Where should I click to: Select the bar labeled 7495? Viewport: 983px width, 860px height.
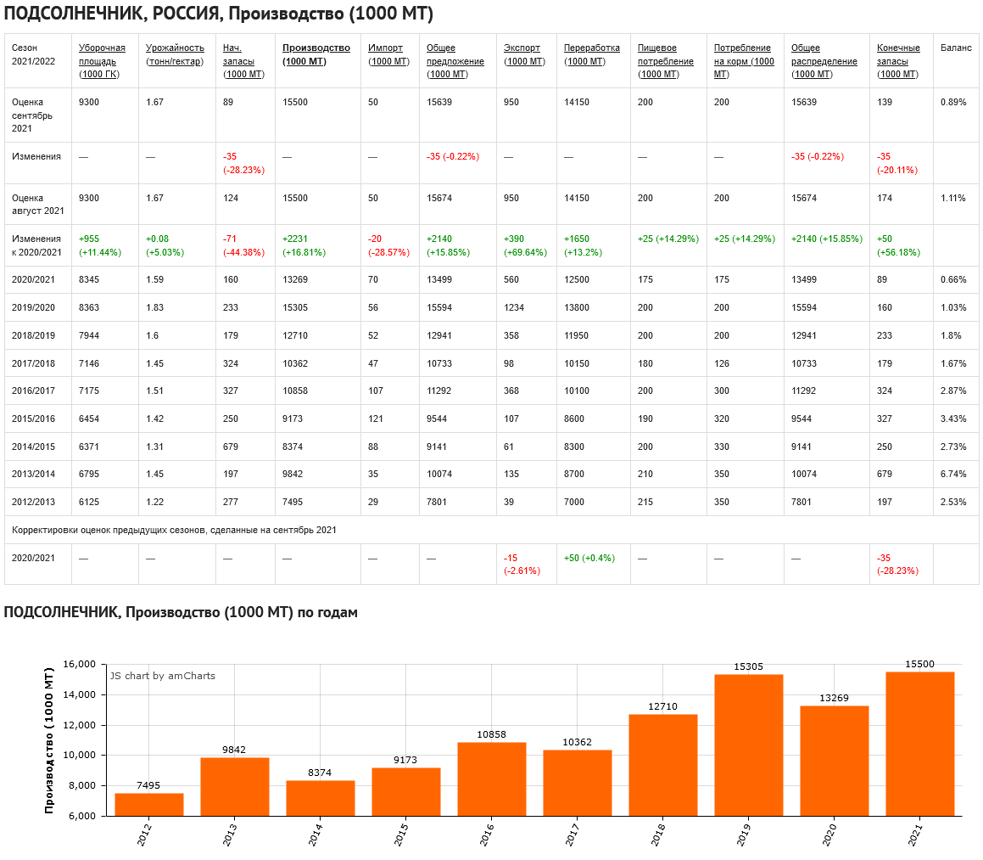coord(149,804)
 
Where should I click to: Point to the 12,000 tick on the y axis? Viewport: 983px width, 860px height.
coord(85,725)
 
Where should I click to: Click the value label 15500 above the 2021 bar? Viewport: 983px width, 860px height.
coord(919,664)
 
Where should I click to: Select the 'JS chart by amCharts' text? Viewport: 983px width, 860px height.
coord(162,676)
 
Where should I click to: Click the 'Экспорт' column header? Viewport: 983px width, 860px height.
coord(522,48)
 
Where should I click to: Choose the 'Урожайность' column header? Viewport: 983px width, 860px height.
coord(175,48)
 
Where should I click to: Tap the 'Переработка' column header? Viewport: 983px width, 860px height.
coord(591,48)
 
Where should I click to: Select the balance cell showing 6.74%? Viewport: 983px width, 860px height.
coord(953,474)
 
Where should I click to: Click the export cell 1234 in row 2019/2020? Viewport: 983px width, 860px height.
coord(515,307)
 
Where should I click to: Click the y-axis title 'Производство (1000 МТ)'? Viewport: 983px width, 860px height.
coord(49,740)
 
